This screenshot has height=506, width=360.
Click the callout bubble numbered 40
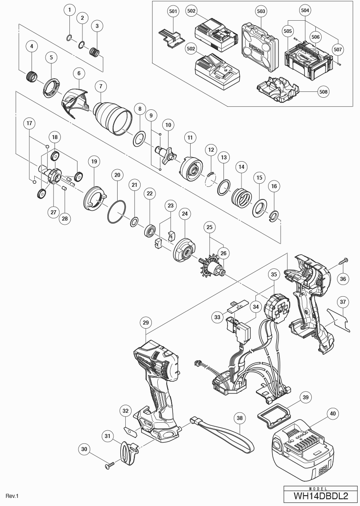(x=333, y=413)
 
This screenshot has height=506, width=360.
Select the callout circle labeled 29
(x=146, y=322)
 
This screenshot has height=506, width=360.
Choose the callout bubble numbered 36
(x=343, y=279)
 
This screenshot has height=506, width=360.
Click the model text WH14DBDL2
(x=321, y=496)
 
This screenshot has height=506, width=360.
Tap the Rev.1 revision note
(x=12, y=496)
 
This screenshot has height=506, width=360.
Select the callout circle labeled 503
(x=260, y=10)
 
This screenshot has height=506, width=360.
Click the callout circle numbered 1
(x=69, y=9)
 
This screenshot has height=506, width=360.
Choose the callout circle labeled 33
(x=217, y=317)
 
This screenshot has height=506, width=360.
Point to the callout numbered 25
(x=209, y=227)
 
